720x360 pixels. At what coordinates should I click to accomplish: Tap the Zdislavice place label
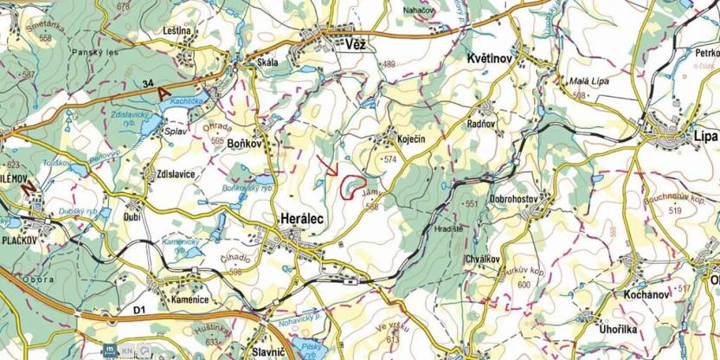coord(176,174)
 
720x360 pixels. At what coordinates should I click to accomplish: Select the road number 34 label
coord(149,83)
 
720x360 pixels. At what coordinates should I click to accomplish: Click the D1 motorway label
coord(140,309)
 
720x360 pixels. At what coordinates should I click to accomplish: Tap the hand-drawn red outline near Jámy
coord(351,187)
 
